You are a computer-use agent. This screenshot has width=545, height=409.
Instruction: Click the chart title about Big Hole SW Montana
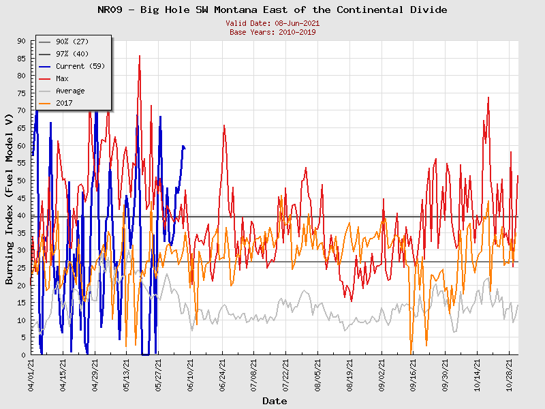pos(272,10)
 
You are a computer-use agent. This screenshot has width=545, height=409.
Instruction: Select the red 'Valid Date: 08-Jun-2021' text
pos(272,23)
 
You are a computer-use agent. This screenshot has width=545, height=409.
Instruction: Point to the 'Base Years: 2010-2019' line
pos(272,31)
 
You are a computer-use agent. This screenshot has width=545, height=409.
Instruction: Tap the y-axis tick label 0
pos(23,354)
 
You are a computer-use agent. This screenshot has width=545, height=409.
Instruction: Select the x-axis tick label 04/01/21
pos(31,375)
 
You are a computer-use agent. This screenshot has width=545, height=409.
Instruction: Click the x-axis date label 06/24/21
pos(223,375)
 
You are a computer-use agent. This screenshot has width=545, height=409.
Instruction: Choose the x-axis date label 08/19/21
pos(350,375)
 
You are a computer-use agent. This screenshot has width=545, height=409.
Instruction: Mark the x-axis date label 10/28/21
pos(510,375)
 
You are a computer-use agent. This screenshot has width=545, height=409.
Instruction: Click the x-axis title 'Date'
pos(275,401)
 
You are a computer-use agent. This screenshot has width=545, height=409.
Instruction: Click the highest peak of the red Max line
pos(140,56)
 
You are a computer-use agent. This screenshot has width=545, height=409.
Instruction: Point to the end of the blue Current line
pos(185,147)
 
